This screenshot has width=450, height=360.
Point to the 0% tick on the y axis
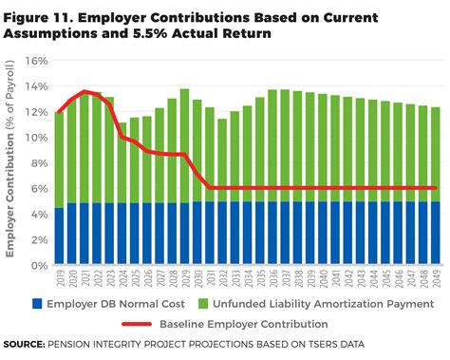click(37, 265)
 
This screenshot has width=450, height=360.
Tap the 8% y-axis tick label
click(37, 162)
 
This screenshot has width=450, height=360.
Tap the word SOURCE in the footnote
click(28, 343)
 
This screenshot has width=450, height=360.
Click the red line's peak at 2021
click(85, 91)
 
